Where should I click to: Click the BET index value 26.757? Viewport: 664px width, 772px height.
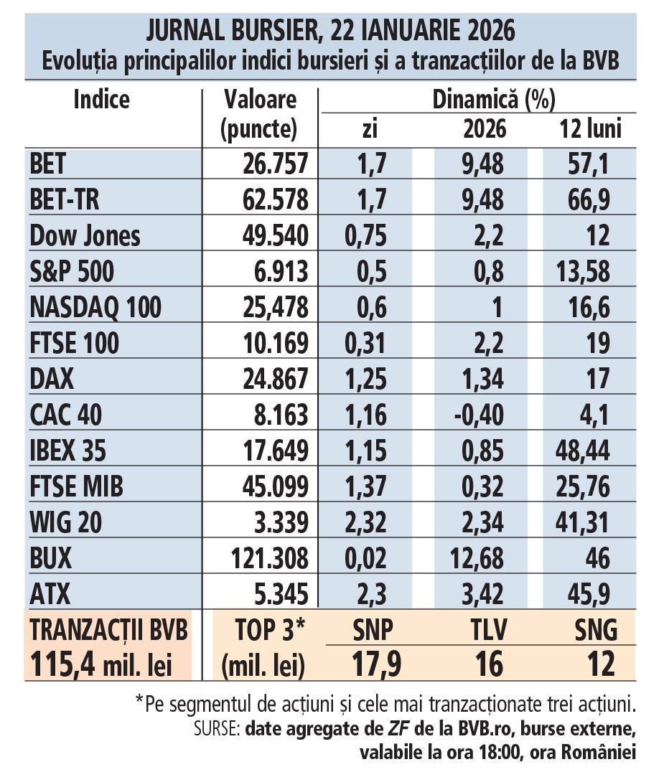pyautogui.click(x=276, y=164)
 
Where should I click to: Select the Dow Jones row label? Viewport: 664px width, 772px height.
pyautogui.click(x=85, y=236)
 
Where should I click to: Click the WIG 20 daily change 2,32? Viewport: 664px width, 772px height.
pyautogui.click(x=365, y=522)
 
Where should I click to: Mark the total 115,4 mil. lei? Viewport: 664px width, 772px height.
pyautogui.click(x=100, y=664)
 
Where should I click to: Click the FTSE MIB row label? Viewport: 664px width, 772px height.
pyautogui.click(x=77, y=486)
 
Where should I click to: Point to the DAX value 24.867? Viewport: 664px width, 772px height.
pyautogui.click(x=276, y=379)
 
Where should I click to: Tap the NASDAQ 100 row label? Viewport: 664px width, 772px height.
pyautogui.click(x=95, y=308)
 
